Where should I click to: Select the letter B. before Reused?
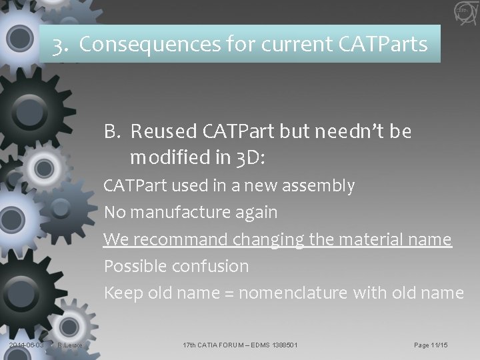tap(111, 132)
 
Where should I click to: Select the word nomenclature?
tap(295, 293)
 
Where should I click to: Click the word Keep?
tap(121, 293)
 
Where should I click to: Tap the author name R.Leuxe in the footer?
tap(70, 345)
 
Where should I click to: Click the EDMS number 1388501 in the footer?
tap(279, 345)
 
